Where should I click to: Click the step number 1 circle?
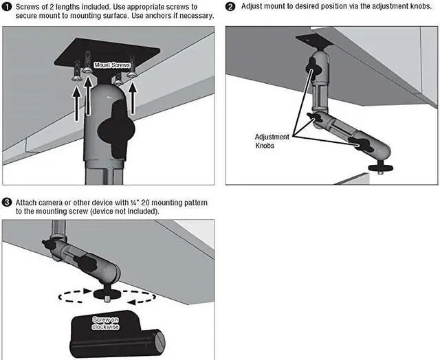click(6, 6)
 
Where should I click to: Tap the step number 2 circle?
click(230, 6)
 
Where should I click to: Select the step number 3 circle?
click(6, 203)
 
